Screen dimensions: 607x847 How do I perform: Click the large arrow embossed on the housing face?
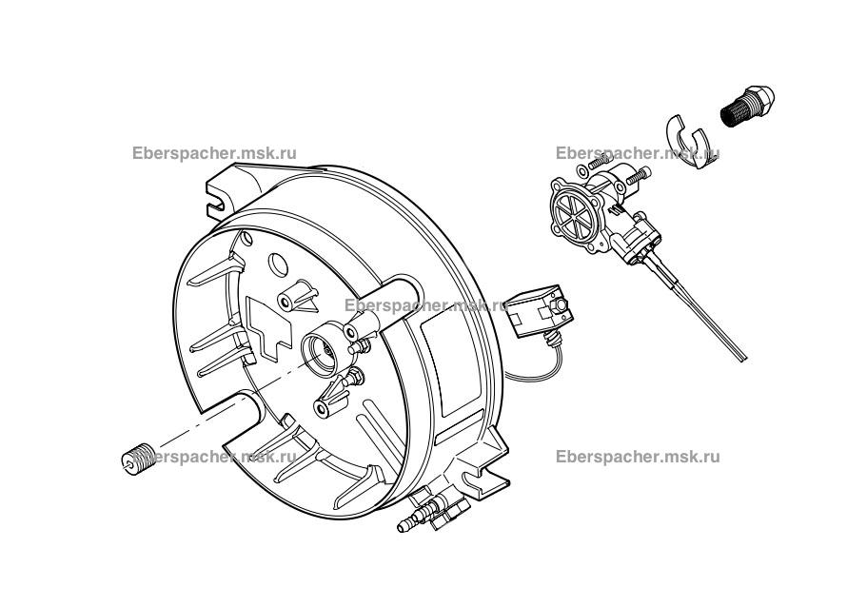pos(272,324)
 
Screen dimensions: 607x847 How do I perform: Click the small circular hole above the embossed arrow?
pos(276,261)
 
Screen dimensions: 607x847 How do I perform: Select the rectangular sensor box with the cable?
pos(535,313)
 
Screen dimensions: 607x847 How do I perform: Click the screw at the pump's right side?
pos(640,174)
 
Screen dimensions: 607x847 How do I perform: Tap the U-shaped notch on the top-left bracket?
pos(220,203)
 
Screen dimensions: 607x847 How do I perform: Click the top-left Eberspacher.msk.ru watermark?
pos(215,152)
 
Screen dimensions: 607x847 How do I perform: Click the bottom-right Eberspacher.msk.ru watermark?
pos(637,456)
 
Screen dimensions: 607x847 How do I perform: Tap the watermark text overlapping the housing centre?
pos(424,305)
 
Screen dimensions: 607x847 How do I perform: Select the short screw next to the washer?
pos(599,162)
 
